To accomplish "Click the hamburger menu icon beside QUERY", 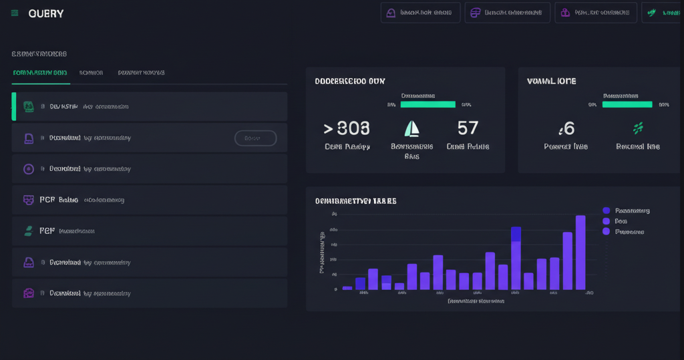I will (x=15, y=13).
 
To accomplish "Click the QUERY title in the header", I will (x=46, y=13).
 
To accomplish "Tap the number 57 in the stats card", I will (x=468, y=128).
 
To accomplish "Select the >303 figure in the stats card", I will (x=346, y=128).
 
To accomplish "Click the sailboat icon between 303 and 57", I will (x=412, y=128).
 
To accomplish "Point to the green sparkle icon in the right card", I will (x=638, y=128).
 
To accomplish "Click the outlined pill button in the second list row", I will (x=255, y=138).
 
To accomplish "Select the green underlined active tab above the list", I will (x=40, y=73).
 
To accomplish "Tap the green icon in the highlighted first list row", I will (x=29, y=106).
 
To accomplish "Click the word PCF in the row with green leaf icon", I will (x=47, y=230).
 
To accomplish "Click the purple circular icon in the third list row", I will (x=29, y=169).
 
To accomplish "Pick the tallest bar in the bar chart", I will (x=580, y=252).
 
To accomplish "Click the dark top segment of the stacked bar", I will (x=516, y=234).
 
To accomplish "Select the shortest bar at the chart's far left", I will (x=347, y=288).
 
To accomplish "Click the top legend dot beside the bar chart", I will (x=607, y=210).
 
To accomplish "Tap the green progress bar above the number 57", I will (x=427, y=104).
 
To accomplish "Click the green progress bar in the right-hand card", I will (x=627, y=104).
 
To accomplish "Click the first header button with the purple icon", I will (x=420, y=13).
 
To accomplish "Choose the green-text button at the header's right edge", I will (x=662, y=13).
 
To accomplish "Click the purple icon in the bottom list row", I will (x=29, y=293).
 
